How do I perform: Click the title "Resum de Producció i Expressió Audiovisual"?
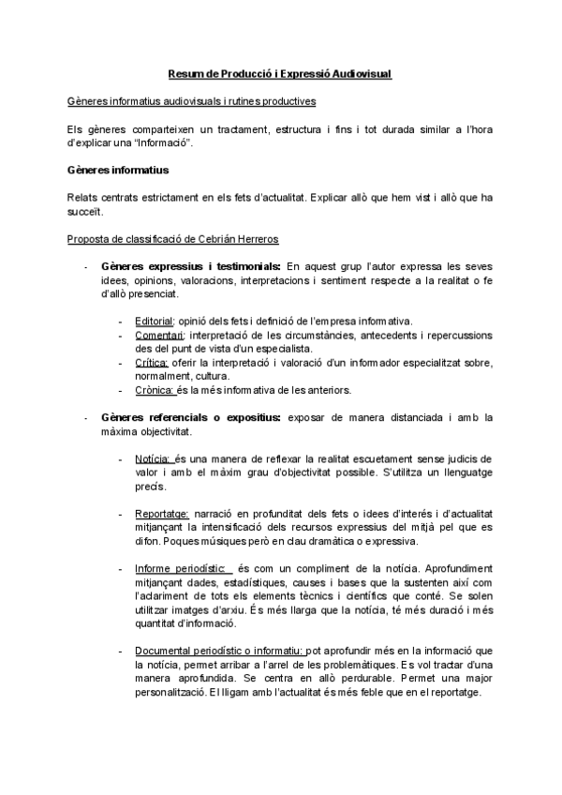(280, 74)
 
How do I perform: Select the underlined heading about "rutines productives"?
(192, 100)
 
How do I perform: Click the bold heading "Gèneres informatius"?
(118, 171)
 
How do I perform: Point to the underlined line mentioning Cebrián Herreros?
(173, 239)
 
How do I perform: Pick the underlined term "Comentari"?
(159, 335)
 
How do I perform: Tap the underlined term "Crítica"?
(152, 362)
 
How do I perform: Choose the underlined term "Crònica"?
(154, 389)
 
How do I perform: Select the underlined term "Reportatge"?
(162, 514)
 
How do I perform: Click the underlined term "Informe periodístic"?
(181, 569)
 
